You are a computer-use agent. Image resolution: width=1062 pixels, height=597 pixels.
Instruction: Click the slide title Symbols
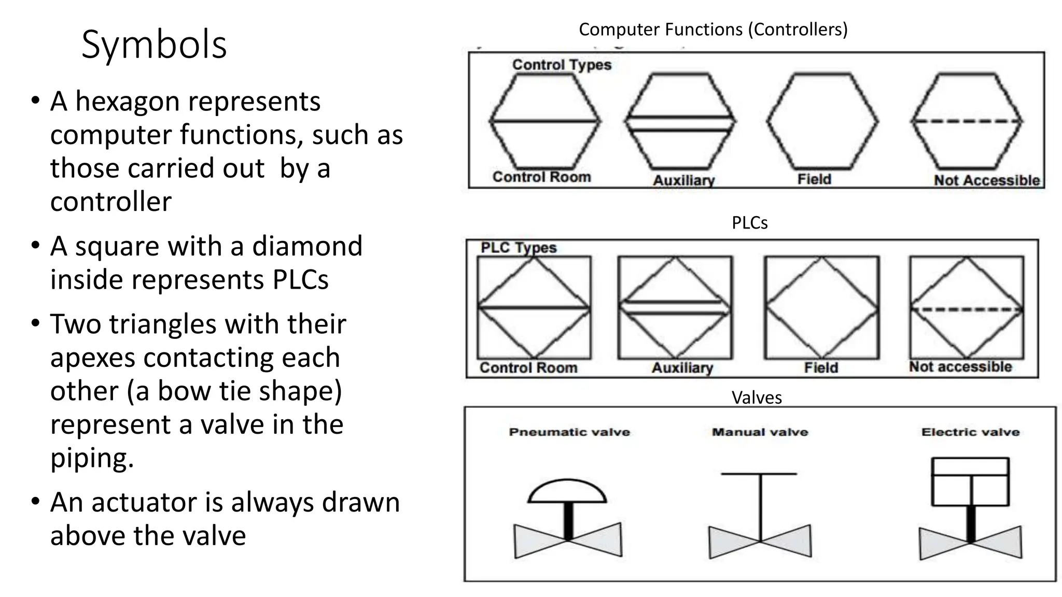coord(154,45)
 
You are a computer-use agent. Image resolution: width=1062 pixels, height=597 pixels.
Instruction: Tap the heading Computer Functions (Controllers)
coord(713,30)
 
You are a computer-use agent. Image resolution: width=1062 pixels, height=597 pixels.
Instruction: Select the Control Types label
coord(562,65)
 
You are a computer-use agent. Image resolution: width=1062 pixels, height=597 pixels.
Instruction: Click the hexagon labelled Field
coord(822,121)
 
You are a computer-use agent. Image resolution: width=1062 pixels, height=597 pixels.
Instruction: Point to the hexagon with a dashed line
coord(967,121)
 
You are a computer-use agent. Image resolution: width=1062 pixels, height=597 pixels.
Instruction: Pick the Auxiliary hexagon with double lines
coord(679,121)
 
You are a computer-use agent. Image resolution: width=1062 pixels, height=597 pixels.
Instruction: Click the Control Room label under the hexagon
coord(541,177)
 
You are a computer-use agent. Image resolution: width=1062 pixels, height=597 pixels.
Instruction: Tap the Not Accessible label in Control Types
coord(986,180)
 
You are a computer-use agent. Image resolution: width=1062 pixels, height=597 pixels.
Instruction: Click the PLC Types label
coord(518,248)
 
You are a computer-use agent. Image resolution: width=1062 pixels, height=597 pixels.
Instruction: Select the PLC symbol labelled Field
coord(821,308)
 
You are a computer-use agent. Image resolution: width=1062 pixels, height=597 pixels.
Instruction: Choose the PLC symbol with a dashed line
coord(967,308)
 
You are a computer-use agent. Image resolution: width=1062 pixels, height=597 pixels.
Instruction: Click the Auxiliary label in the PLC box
coord(682,368)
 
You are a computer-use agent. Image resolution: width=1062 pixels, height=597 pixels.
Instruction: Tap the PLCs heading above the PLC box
coord(749,223)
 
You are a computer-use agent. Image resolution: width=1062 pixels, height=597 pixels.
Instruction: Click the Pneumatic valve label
coord(569,432)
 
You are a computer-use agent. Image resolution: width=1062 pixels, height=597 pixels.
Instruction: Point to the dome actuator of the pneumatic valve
coord(567,492)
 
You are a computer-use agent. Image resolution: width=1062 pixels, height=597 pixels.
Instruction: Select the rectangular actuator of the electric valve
coord(970,481)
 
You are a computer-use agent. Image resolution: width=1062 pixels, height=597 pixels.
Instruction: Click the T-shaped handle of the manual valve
coord(760,474)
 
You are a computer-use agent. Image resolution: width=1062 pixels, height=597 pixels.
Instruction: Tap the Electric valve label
coord(970,432)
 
